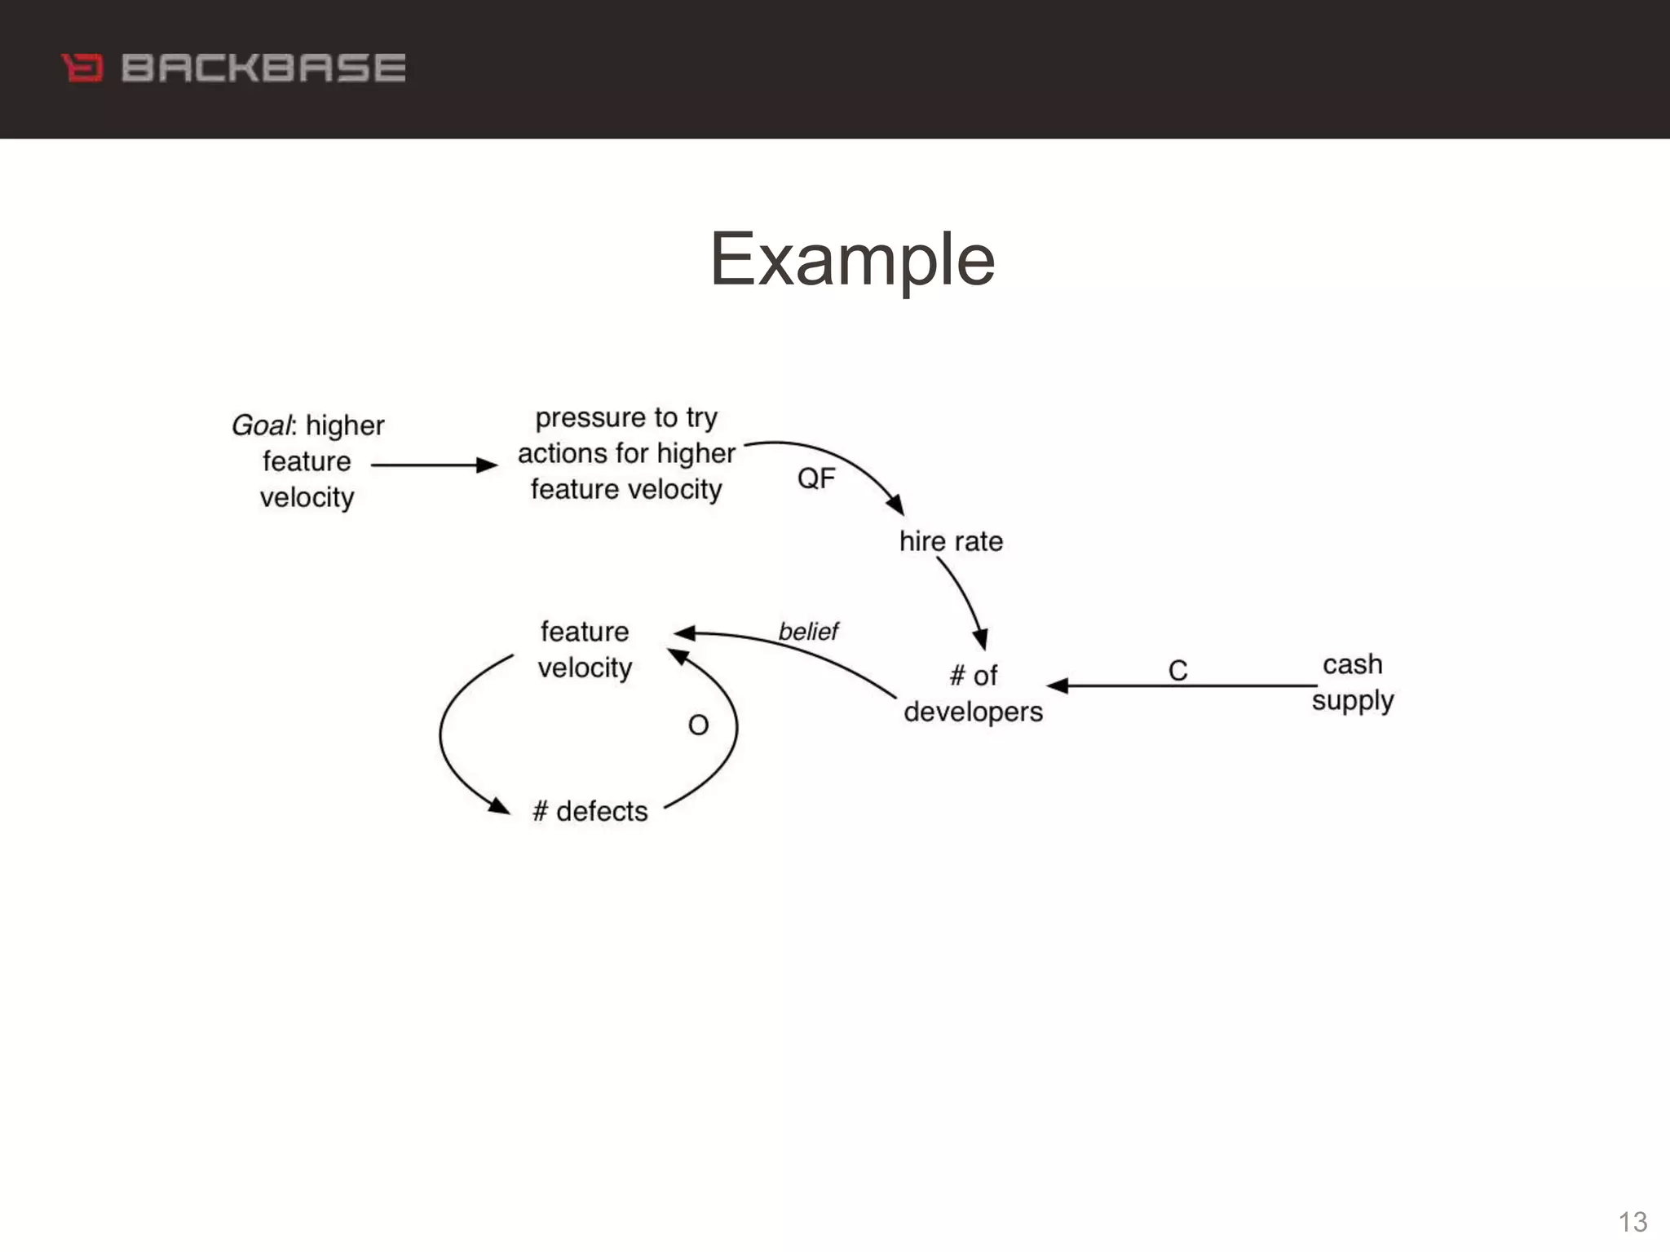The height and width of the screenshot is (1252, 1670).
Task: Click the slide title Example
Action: click(852, 259)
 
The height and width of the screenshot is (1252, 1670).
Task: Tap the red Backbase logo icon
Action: click(82, 68)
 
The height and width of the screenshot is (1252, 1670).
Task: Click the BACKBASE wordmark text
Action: click(263, 68)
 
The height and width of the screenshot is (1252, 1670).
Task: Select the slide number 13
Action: click(1632, 1222)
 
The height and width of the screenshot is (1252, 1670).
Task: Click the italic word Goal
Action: click(260, 425)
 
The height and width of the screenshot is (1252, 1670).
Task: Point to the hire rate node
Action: click(951, 541)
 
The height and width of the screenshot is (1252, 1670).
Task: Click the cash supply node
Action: click(1353, 682)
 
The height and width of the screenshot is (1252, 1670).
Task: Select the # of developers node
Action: click(973, 694)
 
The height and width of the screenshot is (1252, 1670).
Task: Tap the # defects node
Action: click(590, 811)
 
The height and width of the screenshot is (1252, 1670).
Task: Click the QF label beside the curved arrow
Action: click(816, 478)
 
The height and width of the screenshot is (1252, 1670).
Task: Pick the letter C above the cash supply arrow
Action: click(1177, 671)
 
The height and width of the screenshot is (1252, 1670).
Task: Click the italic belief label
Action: click(808, 632)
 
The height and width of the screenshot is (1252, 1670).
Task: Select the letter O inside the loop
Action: click(698, 725)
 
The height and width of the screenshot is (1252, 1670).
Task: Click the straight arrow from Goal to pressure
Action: click(432, 465)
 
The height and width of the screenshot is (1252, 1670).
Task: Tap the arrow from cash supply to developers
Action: click(1182, 686)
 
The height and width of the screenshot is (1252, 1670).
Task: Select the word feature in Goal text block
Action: click(307, 461)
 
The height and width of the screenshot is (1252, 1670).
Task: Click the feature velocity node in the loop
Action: click(585, 650)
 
